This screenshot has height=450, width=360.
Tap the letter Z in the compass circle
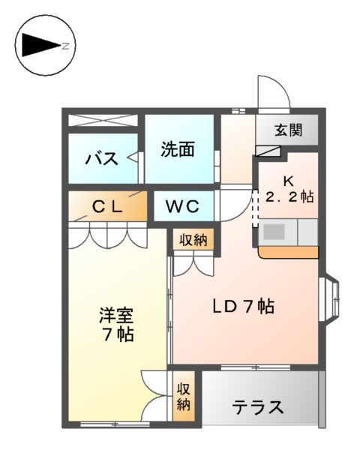[65, 46]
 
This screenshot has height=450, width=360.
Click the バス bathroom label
[100, 158]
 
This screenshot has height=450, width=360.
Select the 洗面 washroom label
[178, 148]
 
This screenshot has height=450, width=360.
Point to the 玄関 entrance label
[287, 130]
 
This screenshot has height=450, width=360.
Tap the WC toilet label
[183, 205]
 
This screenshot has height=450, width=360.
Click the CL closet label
[107, 206]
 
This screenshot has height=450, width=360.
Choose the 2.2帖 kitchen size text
[289, 196]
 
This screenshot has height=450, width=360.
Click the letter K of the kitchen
[288, 180]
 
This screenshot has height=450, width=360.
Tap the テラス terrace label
[257, 407]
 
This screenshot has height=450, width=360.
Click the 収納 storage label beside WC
[194, 240]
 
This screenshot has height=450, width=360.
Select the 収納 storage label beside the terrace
[184, 397]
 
